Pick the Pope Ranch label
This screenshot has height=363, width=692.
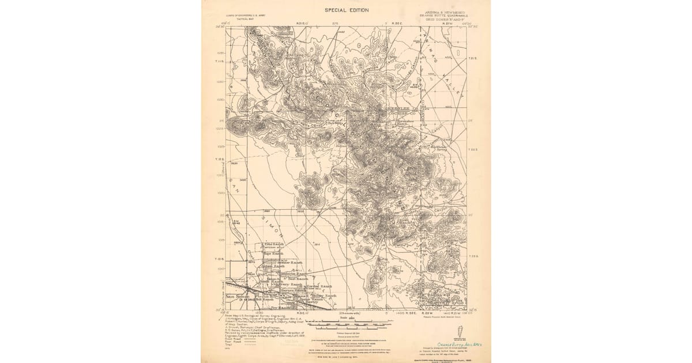(274, 254)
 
